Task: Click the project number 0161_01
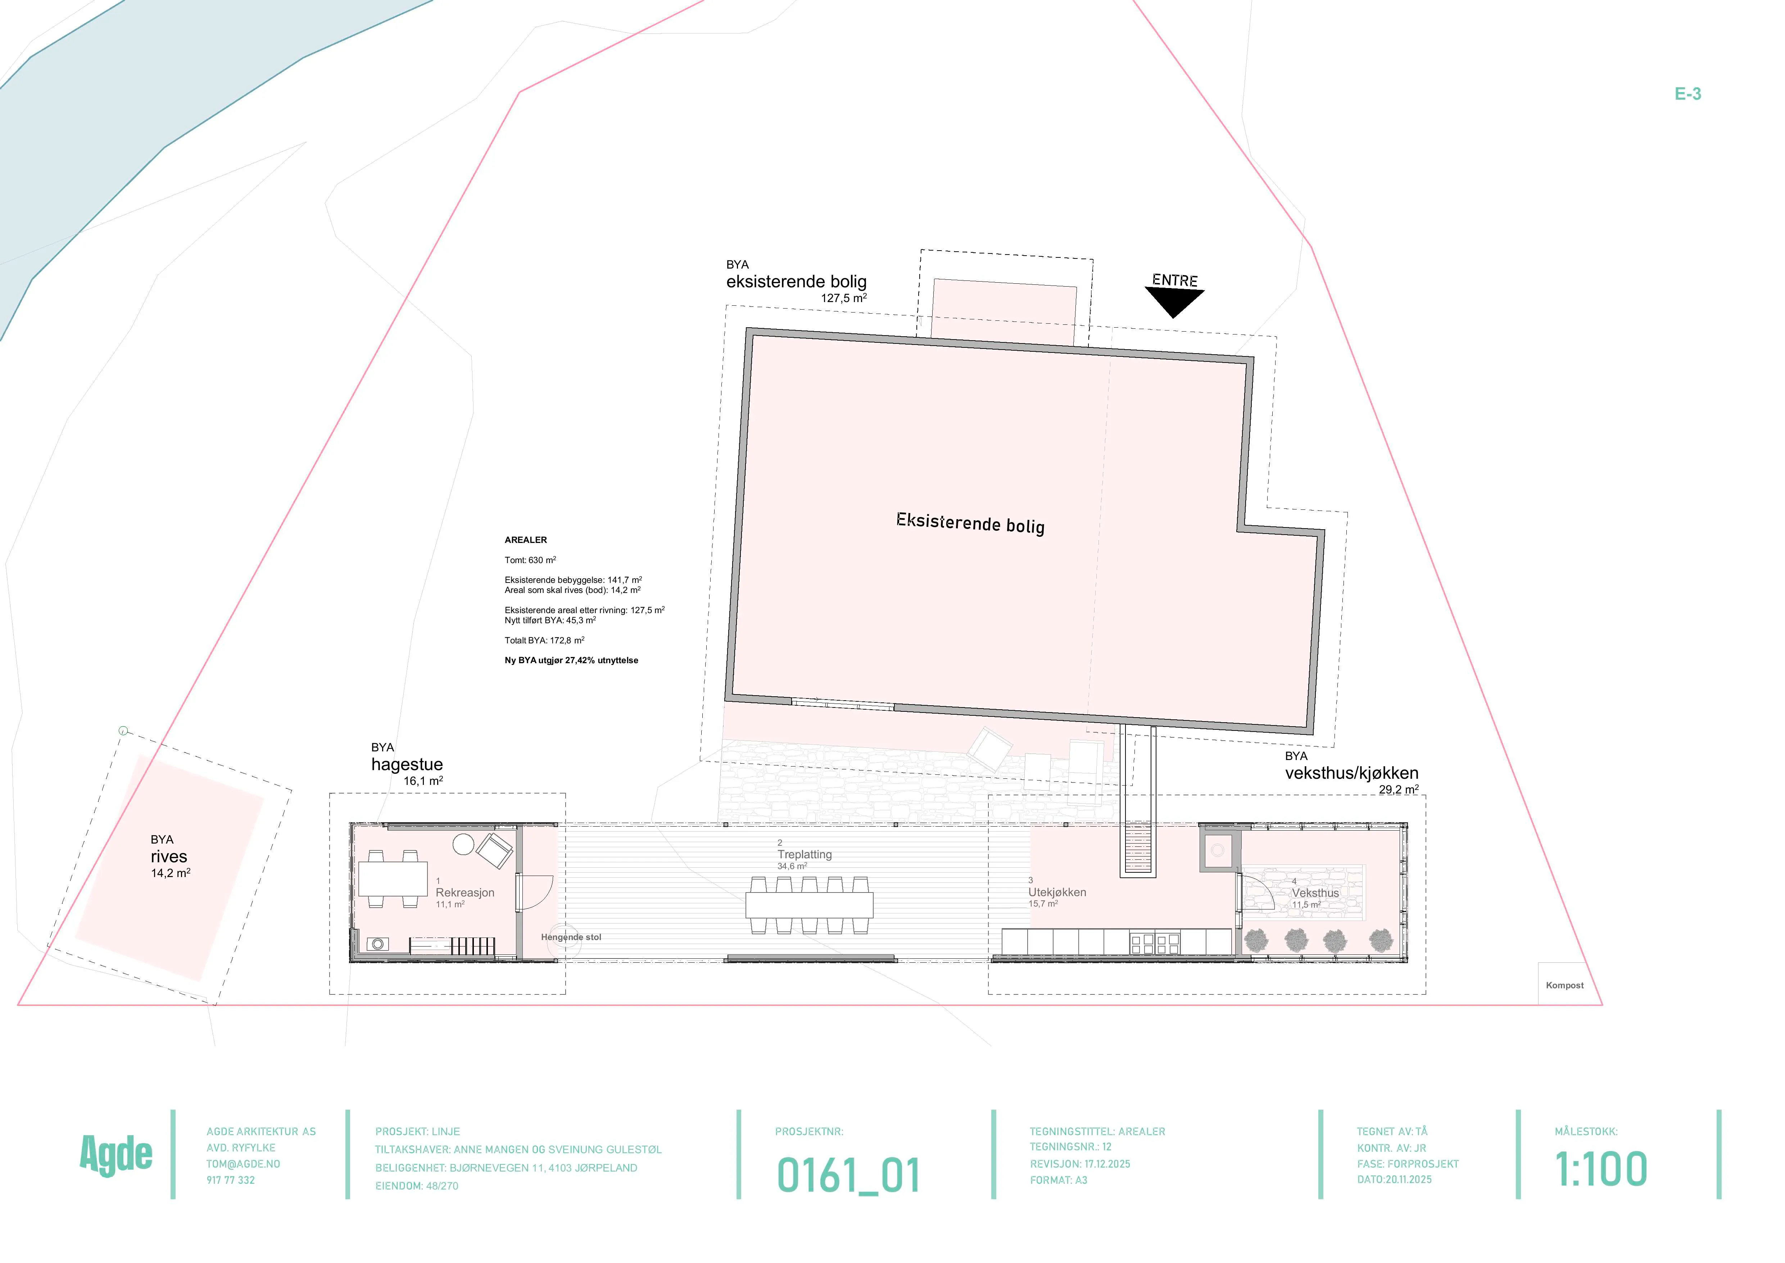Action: [848, 1175]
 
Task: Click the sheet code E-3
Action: [1688, 94]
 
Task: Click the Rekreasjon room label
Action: [465, 893]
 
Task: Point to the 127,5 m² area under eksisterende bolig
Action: [843, 298]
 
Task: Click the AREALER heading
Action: [526, 540]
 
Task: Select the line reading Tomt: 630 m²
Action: [530, 560]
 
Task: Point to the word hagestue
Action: [407, 764]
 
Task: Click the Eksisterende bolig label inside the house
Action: [970, 523]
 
